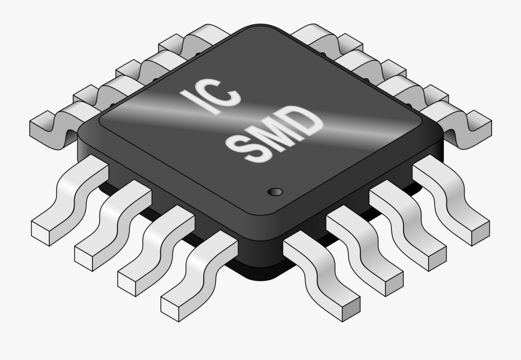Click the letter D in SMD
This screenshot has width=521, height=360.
click(304, 121)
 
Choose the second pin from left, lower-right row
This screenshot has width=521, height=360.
click(365, 249)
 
